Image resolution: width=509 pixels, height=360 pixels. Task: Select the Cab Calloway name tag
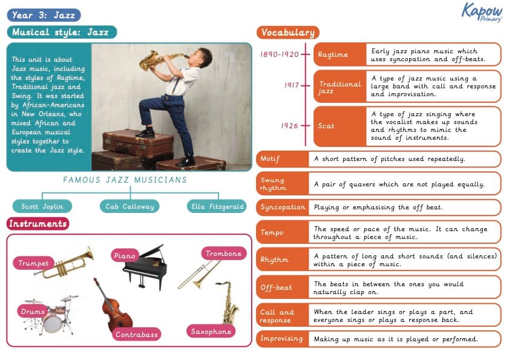129,206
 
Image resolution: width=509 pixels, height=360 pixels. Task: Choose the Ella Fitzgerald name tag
217,206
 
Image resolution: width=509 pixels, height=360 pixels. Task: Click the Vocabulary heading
287,33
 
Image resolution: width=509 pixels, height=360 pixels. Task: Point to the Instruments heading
38,224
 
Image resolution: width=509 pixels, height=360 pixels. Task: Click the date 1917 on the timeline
292,85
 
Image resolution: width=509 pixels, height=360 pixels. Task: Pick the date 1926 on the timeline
290,126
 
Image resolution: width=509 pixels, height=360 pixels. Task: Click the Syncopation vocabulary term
282,207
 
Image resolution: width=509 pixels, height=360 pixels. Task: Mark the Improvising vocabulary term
282,339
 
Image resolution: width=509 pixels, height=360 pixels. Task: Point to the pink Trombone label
223,254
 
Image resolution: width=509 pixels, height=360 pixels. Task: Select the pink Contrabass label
136,334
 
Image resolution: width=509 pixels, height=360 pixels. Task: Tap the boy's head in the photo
203,59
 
